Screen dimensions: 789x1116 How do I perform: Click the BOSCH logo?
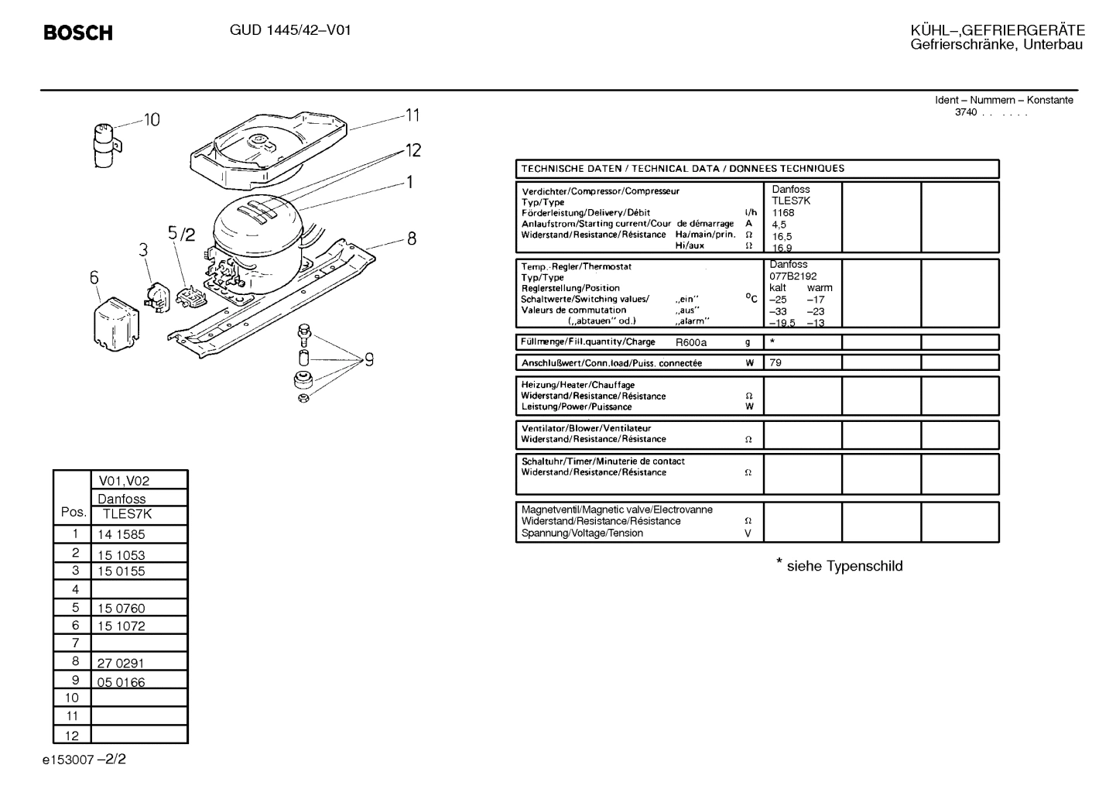[78, 33]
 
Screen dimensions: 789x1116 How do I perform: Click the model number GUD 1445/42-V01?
[290, 31]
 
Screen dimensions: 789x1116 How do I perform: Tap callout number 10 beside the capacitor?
[151, 120]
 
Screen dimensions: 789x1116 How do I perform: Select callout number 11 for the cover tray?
[413, 115]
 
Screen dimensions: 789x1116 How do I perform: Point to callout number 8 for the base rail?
[412, 238]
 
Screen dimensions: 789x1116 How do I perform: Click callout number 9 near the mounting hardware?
[369, 359]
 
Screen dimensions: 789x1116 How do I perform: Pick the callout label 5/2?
[182, 233]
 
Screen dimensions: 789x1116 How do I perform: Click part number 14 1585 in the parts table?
[121, 534]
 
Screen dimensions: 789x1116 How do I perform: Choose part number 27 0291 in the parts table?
[121, 663]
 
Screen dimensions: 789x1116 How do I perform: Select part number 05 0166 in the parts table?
[121, 682]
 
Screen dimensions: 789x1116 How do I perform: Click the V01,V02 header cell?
[124, 481]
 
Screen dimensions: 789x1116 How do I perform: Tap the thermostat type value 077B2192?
[793, 276]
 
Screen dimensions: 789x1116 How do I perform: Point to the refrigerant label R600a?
[691, 342]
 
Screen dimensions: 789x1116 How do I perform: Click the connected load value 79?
[775, 362]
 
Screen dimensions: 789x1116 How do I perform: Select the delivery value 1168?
[783, 212]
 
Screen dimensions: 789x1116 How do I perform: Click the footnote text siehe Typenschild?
[844, 566]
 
